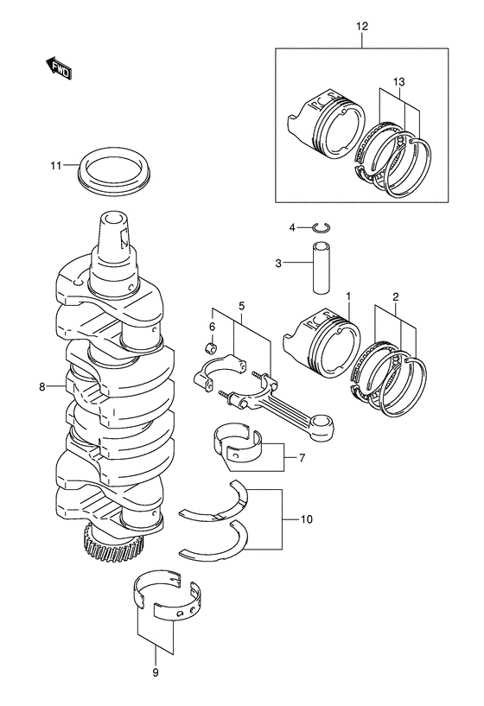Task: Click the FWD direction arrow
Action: pyautogui.click(x=59, y=68)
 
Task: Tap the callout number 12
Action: pyautogui.click(x=361, y=26)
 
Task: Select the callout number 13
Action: pyautogui.click(x=398, y=82)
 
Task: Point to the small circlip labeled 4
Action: pyautogui.click(x=322, y=228)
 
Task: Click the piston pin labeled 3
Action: pyautogui.click(x=322, y=268)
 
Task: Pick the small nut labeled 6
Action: pyautogui.click(x=211, y=347)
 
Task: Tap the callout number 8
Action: pyautogui.click(x=42, y=386)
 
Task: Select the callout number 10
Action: pyautogui.click(x=306, y=519)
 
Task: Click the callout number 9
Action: pyautogui.click(x=156, y=673)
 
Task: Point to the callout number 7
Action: pyautogui.click(x=302, y=458)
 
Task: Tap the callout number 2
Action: pyautogui.click(x=395, y=296)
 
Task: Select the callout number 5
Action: pyautogui.click(x=241, y=307)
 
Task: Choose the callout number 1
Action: pyautogui.click(x=348, y=296)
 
